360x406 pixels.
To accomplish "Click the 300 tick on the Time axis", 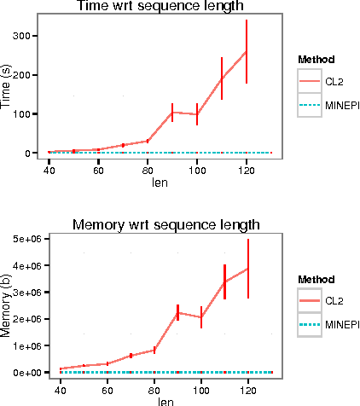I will (x=20, y=36).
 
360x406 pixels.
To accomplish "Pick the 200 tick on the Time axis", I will (x=20, y=75).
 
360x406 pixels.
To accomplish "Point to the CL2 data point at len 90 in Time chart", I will (x=172, y=113).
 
